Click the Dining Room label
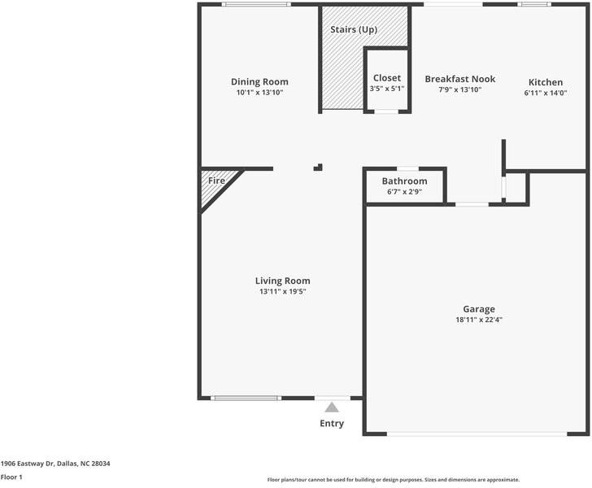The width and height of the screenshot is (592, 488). tap(259, 81)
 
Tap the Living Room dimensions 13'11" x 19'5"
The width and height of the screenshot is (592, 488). tap(282, 291)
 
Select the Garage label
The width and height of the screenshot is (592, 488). tap(479, 309)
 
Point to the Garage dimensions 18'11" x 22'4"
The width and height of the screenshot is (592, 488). tap(479, 320)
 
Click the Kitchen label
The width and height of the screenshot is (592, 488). tap(546, 82)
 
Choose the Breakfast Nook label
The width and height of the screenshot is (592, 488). tap(459, 79)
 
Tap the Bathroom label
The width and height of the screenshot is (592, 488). tap(404, 181)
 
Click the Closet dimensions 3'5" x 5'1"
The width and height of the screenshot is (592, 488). tap(386, 89)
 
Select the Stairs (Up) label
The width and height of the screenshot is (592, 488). tap(353, 30)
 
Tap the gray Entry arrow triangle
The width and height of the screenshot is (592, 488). tap(332, 407)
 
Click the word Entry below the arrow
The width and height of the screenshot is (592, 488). tap(332, 424)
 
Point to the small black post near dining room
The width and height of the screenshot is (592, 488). tap(318, 168)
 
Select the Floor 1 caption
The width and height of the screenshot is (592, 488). tap(11, 477)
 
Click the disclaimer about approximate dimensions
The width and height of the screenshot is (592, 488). tap(393, 480)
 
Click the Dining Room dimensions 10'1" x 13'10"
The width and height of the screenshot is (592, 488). tap(259, 92)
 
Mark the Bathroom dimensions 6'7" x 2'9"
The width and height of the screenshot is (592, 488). tap(404, 192)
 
